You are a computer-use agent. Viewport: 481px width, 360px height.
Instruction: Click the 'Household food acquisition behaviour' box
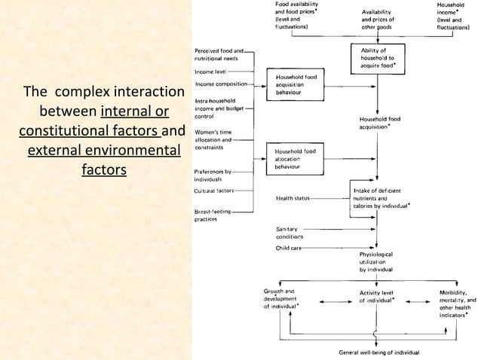click(298, 88)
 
